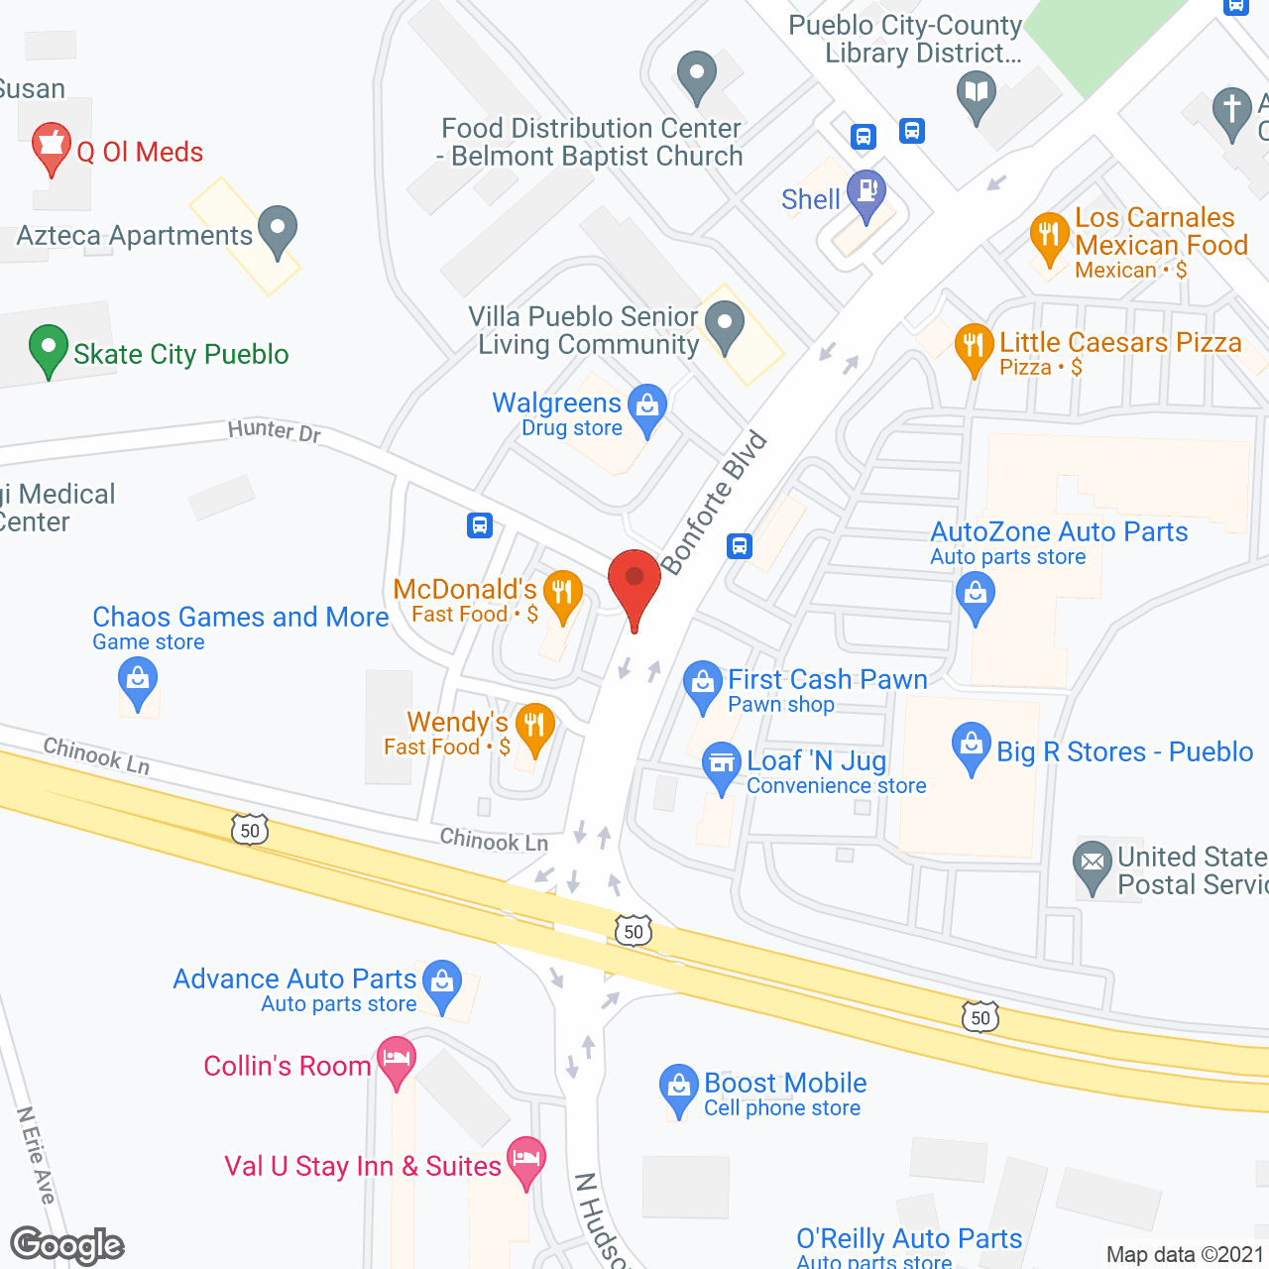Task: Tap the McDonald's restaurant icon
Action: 563,595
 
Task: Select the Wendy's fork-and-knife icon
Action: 534,728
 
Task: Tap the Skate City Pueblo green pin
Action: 49,349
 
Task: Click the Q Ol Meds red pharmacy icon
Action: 51,148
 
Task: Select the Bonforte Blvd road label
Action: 715,503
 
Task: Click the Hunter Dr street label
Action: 275,430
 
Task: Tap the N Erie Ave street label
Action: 36,1155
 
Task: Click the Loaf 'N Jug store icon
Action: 722,765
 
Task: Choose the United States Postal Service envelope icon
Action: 1093,864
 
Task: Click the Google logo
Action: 66,1245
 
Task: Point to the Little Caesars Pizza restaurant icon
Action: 975,347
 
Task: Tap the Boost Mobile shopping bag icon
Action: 679,1088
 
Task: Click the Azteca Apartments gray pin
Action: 278,230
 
